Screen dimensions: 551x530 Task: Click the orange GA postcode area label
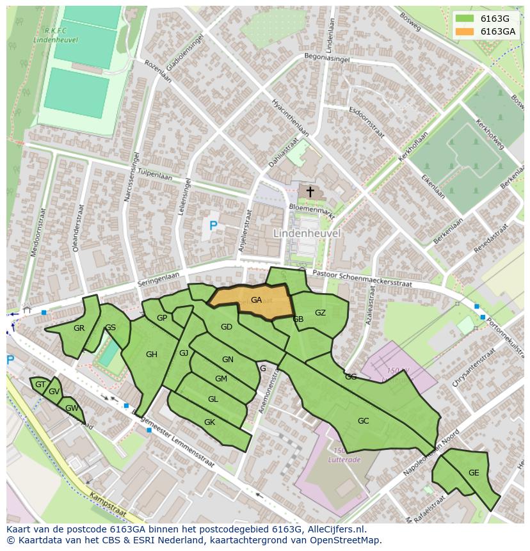(256, 300)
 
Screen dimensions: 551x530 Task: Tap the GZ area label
(320, 313)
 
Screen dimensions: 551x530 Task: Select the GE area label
(474, 473)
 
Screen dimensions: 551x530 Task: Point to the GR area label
(79, 328)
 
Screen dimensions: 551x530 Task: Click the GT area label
(40, 385)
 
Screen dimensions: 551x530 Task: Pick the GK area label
(209, 422)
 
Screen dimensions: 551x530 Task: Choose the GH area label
(151, 355)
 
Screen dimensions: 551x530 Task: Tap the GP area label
(162, 318)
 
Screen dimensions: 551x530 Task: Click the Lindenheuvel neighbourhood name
(307, 234)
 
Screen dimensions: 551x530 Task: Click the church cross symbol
(310, 191)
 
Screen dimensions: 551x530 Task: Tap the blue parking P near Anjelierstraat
(213, 225)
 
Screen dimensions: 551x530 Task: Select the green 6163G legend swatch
(464, 19)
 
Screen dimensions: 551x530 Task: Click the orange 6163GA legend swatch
(464, 31)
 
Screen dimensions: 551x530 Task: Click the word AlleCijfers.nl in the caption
(337, 529)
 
